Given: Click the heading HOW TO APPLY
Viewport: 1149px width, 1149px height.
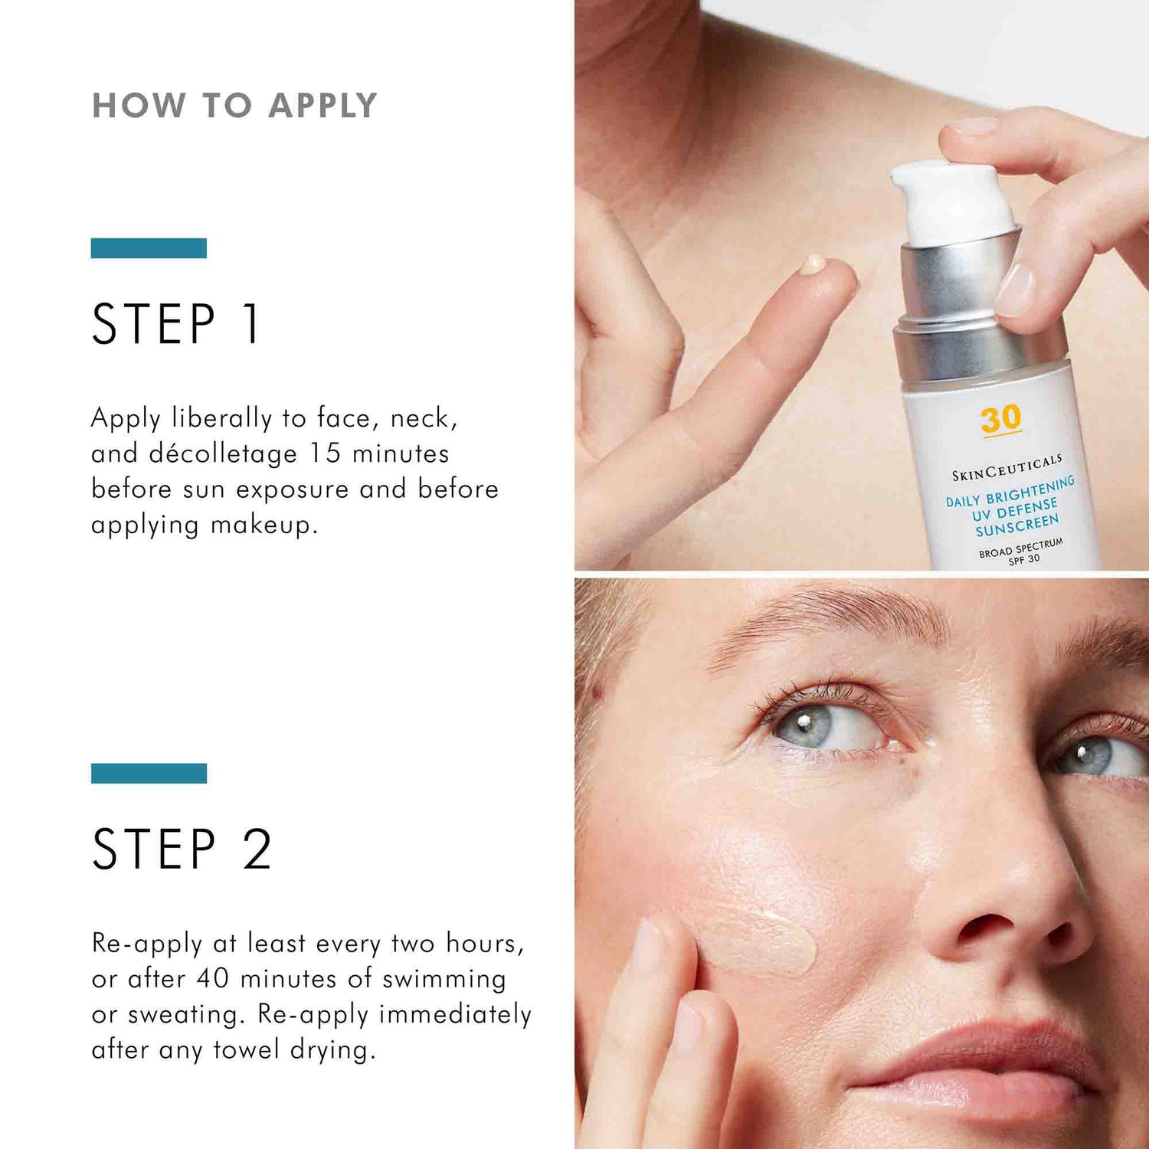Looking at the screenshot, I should (234, 106).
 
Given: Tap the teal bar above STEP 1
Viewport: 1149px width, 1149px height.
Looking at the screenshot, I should (149, 248).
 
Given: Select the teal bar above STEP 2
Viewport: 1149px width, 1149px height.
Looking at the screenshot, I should (149, 774).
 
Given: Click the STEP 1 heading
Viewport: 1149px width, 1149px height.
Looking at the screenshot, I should (177, 324).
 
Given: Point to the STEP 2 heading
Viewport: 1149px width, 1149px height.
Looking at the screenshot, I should (182, 849).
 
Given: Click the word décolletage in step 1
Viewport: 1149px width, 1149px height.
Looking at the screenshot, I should (223, 454).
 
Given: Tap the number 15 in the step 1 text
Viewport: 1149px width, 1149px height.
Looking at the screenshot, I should (325, 453).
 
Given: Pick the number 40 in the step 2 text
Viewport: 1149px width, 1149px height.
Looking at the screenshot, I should (213, 979).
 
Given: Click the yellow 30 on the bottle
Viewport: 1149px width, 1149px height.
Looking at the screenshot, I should (1000, 419).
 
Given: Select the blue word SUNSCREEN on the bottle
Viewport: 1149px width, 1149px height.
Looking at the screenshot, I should (1017, 526).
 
